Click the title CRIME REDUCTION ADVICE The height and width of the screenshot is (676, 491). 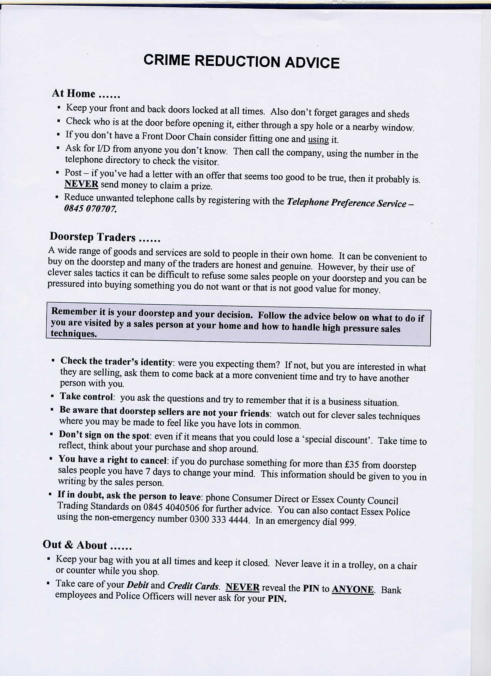tap(241, 62)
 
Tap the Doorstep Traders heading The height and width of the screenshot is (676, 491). tap(93, 237)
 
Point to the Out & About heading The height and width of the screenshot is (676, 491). tap(75, 545)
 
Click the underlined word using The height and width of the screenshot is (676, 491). tap(318, 139)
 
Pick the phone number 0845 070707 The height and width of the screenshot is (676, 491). tap(90, 209)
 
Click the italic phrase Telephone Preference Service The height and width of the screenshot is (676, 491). tap(347, 203)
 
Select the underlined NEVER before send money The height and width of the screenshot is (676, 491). tap(81, 184)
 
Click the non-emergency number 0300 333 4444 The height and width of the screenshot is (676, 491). tap(220, 520)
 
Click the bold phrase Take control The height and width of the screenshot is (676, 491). tap(86, 397)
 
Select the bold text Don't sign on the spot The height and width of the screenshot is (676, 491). tap(104, 435)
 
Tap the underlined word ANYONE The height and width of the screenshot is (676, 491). tap(353, 589)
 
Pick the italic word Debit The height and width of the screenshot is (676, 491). tap(137, 585)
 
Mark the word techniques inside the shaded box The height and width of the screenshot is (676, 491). tap(74, 334)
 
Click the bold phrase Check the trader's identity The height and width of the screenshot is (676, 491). tap(116, 362)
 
